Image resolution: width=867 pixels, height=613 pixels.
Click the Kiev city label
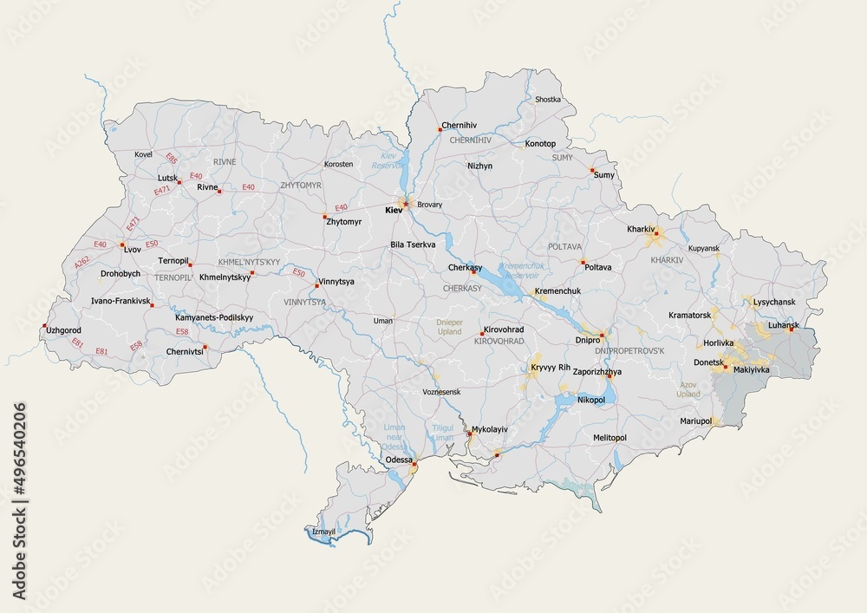point(394,210)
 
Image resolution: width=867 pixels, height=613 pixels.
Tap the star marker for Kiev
point(405,204)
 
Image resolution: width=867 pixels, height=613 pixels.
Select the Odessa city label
point(398,460)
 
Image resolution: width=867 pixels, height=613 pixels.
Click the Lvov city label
point(132,249)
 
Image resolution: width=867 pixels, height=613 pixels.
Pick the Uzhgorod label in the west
point(63,330)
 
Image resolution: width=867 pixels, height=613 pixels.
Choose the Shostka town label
point(548,100)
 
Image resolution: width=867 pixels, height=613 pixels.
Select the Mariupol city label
point(695,421)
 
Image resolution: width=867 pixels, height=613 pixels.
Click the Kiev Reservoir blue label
point(382,160)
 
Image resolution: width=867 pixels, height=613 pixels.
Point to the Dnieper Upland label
point(449,327)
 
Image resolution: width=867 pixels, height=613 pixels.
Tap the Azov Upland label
point(688,388)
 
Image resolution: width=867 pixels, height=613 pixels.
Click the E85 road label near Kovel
point(172,159)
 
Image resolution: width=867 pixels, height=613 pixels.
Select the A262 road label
point(81,261)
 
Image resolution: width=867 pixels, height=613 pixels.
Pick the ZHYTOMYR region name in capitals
point(301,186)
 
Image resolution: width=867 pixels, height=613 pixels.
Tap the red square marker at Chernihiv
point(440,130)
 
